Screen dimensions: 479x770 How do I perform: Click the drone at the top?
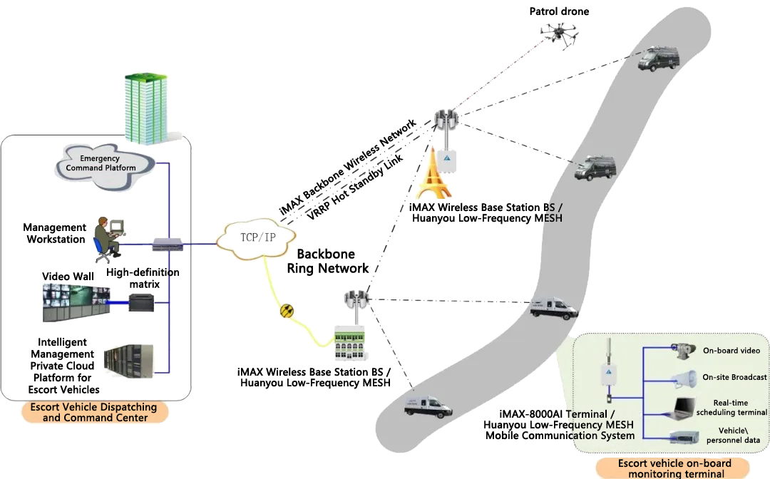click(x=559, y=34)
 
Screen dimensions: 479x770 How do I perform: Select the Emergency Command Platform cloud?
click(x=106, y=163)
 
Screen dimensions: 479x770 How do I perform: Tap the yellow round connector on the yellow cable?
click(x=287, y=311)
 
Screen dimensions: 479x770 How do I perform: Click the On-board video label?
click(x=731, y=351)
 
